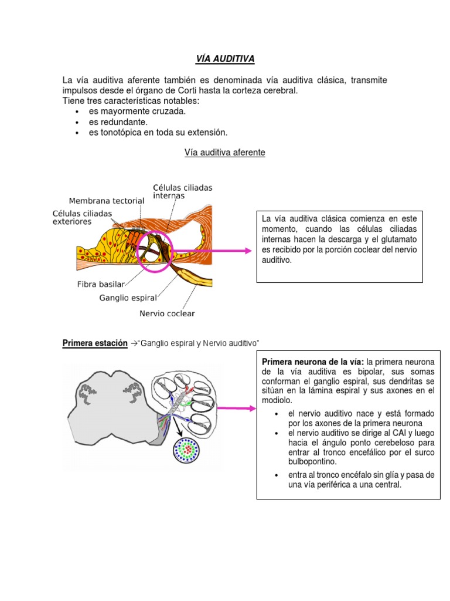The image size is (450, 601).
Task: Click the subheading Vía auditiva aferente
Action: (x=224, y=153)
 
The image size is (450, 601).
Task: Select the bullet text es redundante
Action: (x=118, y=122)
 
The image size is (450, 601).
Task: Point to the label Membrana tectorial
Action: (x=107, y=201)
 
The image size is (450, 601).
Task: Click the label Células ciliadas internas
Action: (x=182, y=191)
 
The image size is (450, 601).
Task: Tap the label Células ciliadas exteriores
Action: (x=82, y=218)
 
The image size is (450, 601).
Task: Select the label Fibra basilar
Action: (x=101, y=285)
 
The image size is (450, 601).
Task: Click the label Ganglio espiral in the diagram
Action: (x=128, y=298)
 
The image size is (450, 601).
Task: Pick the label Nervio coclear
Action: (x=167, y=313)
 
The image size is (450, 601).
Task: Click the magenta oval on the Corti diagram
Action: (x=155, y=251)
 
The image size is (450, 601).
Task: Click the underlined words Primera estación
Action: (x=95, y=343)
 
